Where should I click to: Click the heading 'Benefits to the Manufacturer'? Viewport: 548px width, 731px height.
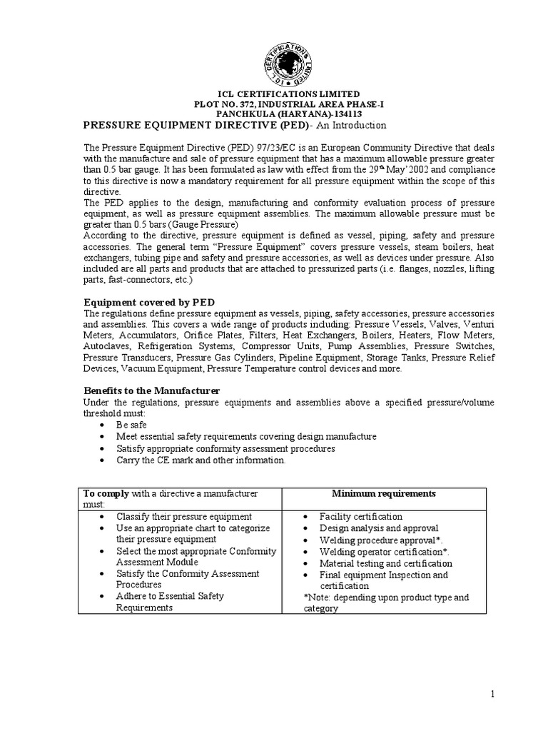[x=151, y=390]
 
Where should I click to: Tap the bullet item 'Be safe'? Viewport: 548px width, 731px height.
[x=133, y=424]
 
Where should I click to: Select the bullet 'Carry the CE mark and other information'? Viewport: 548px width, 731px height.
[x=201, y=460]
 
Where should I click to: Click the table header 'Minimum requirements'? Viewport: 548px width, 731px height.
[x=384, y=493]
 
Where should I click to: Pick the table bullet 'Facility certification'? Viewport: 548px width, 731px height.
[x=361, y=516]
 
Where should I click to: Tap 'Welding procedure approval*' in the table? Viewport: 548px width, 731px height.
[x=381, y=540]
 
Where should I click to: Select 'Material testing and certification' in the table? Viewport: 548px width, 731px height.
[x=386, y=563]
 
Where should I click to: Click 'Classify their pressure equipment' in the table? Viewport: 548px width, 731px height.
[x=183, y=516]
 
